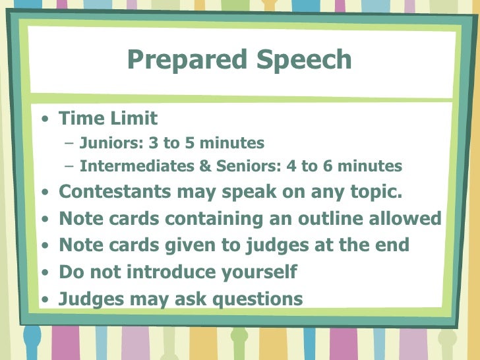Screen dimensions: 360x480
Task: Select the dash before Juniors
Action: tap(70, 144)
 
